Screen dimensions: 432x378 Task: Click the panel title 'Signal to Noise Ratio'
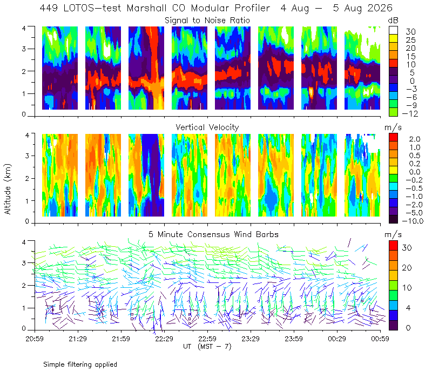(x=207, y=21)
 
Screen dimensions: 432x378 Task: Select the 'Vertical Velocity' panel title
(x=207, y=127)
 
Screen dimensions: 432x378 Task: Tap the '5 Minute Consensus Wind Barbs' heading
(x=213, y=234)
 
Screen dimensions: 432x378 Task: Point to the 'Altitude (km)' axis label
(x=8, y=189)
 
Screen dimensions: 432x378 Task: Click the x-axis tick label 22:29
(x=164, y=339)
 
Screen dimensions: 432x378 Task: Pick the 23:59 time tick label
(x=294, y=339)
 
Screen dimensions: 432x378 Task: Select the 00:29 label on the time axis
(x=337, y=339)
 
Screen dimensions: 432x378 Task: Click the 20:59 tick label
(x=35, y=339)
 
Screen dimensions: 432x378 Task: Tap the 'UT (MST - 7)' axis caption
(x=207, y=347)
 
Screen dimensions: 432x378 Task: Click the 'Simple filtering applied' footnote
(x=80, y=364)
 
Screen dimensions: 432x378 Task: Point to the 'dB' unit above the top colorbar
(x=393, y=21)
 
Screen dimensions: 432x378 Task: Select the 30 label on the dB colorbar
(x=410, y=32)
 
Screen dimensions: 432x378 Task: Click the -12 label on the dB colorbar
(x=410, y=113)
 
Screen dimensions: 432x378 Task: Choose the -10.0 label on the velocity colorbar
(x=413, y=221)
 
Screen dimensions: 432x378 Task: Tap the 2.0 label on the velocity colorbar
(x=415, y=139)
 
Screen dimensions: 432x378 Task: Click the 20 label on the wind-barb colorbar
(x=407, y=267)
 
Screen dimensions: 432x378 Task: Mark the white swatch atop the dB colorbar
(x=393, y=30)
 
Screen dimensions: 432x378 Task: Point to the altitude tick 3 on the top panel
(x=24, y=49)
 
